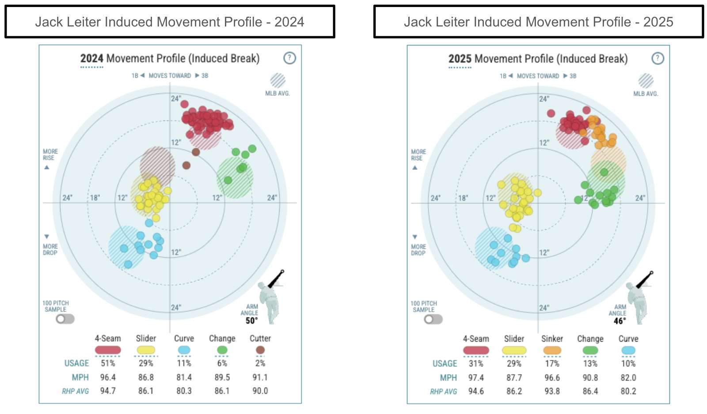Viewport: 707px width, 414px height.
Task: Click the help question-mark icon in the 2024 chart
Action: click(x=289, y=58)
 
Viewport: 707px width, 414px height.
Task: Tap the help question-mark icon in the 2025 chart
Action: click(x=658, y=58)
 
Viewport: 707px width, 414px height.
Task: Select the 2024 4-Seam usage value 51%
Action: click(x=108, y=363)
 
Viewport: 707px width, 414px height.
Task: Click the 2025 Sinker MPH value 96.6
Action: click(x=552, y=378)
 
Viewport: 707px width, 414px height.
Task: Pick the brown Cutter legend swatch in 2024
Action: click(x=260, y=350)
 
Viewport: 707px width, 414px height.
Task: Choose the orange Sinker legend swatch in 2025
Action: click(x=552, y=350)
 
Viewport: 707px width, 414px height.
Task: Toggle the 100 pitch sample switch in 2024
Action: click(x=65, y=319)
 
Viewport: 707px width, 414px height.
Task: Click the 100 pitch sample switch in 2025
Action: click(x=433, y=319)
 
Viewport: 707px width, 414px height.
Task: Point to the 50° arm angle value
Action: click(x=251, y=321)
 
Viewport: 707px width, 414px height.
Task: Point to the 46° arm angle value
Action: click(x=620, y=321)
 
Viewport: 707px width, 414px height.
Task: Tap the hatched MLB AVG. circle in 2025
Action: click(x=646, y=81)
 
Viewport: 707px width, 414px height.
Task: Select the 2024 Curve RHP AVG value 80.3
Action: click(x=184, y=391)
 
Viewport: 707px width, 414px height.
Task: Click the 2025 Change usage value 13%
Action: click(x=590, y=364)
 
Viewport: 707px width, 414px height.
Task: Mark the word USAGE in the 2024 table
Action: click(x=76, y=363)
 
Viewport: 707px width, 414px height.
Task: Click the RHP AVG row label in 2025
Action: click(x=443, y=391)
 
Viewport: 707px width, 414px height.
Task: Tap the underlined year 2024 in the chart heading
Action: click(x=91, y=59)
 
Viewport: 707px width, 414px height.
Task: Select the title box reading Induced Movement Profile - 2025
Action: click(x=538, y=22)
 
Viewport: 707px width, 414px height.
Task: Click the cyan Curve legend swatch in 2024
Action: click(x=184, y=350)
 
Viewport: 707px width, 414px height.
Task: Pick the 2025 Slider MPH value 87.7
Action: click(x=514, y=378)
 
